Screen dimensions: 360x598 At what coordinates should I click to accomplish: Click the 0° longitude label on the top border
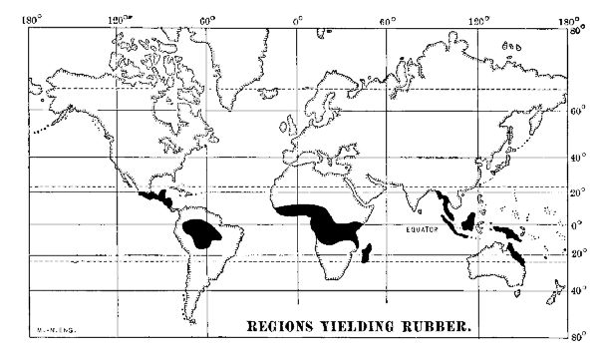coord(298,19)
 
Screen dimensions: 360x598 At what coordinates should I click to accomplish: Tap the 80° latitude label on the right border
coord(576,31)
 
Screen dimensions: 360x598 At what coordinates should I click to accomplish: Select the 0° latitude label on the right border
coord(575,224)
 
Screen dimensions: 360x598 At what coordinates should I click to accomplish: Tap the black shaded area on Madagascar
coord(369,253)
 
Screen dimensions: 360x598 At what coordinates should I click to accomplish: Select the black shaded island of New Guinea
coord(509,234)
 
